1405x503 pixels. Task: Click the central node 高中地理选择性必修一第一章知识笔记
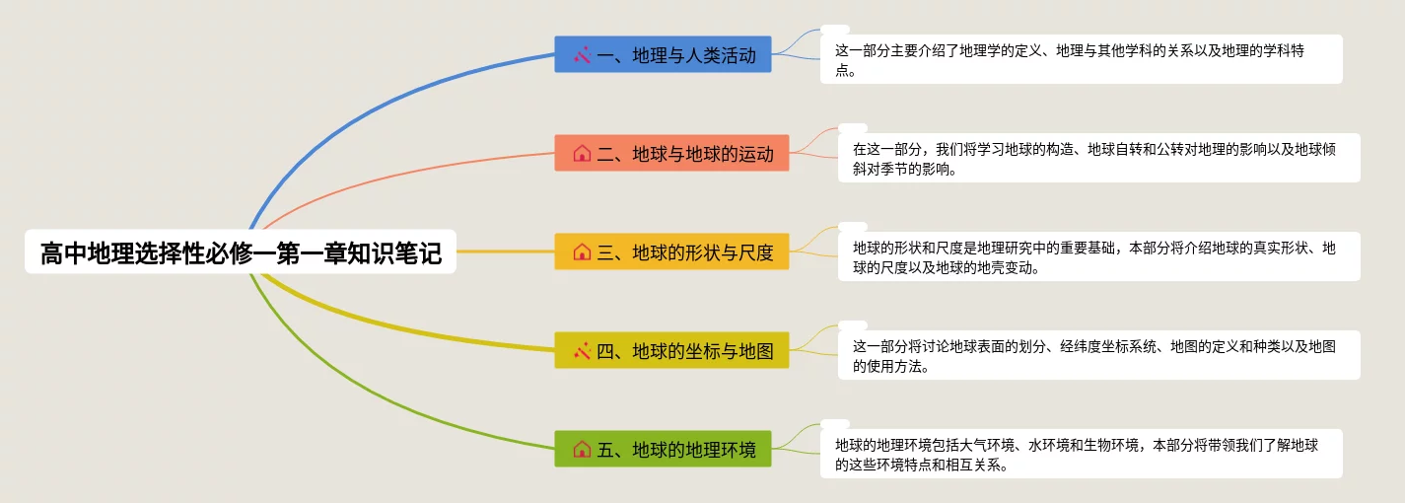241,251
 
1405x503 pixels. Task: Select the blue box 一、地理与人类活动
663,54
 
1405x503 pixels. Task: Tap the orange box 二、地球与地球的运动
671,153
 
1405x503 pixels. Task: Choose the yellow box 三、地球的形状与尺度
671,251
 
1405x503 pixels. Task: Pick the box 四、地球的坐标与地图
671,350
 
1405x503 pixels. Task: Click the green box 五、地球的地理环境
663,449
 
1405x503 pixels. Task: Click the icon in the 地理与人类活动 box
582,55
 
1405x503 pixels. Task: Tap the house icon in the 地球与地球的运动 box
582,154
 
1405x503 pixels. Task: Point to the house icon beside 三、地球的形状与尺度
582,252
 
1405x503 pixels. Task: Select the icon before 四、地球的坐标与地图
582,350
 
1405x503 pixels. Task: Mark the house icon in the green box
582,449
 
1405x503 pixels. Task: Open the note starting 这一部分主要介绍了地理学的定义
1082,59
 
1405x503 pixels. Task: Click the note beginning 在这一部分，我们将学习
1099,158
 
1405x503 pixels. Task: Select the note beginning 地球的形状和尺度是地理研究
1099,256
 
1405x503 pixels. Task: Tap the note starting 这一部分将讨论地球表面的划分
1099,355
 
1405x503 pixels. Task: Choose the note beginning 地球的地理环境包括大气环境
1082,454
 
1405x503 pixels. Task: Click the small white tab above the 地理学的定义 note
835,30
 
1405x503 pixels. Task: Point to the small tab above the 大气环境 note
835,424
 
